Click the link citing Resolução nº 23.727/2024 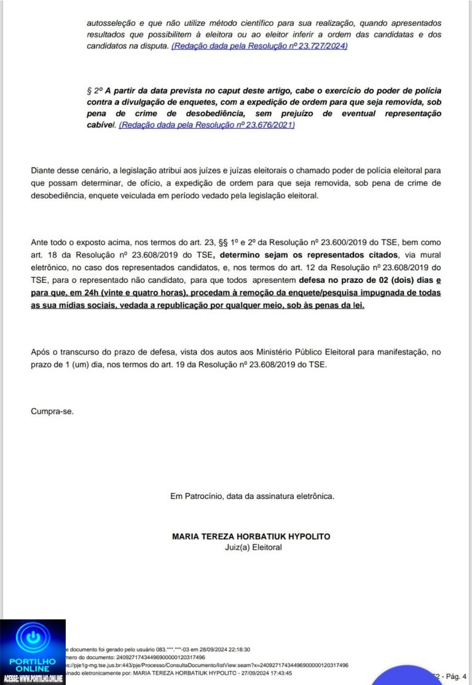259,46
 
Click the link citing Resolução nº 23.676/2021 207,125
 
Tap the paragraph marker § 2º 93,90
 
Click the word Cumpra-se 52,411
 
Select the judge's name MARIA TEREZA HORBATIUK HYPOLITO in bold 251,536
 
